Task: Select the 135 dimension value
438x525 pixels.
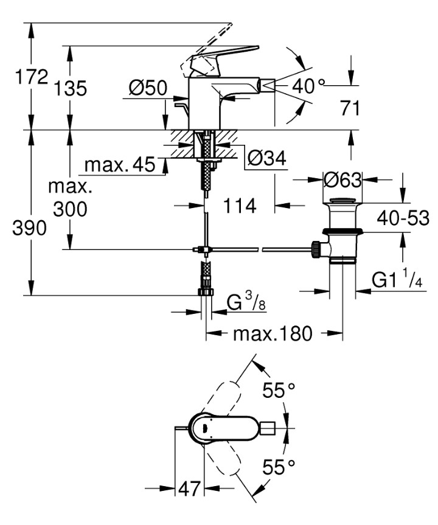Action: click(x=70, y=89)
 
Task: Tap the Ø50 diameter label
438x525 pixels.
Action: click(x=148, y=89)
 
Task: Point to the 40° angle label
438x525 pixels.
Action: click(x=308, y=86)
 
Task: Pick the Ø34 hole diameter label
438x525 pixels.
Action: click(x=266, y=159)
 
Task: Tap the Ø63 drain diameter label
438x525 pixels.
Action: click(x=343, y=180)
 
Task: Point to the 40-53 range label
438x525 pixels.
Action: click(x=402, y=217)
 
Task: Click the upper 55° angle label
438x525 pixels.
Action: click(x=279, y=390)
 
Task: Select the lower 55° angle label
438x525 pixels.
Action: click(x=279, y=467)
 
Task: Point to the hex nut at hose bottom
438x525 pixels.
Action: click(x=206, y=291)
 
